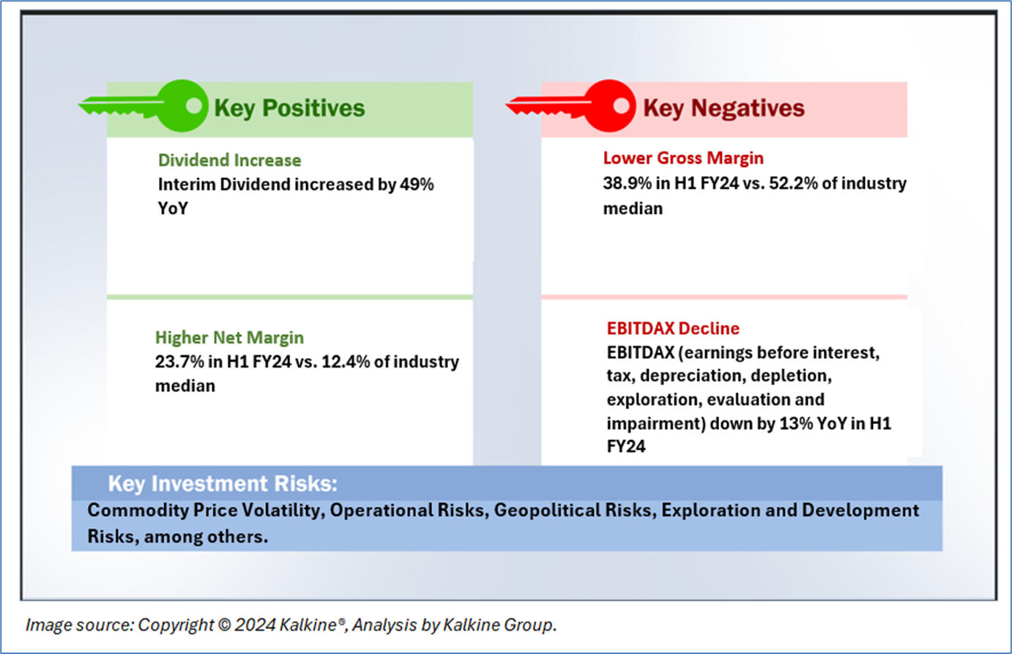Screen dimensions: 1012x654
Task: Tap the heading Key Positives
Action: (x=289, y=108)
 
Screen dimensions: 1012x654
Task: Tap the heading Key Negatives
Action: (x=723, y=108)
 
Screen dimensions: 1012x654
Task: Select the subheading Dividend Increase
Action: (x=229, y=160)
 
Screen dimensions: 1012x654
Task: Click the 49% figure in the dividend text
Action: (x=417, y=185)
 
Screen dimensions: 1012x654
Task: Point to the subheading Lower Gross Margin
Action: (x=683, y=158)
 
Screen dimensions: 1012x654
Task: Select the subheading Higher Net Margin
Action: (x=229, y=338)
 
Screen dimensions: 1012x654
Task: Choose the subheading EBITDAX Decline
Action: (x=673, y=329)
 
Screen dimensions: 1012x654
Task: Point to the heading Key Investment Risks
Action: (x=223, y=483)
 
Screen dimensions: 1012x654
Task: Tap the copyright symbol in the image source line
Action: (x=224, y=625)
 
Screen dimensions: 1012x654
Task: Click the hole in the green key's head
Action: (x=194, y=105)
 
